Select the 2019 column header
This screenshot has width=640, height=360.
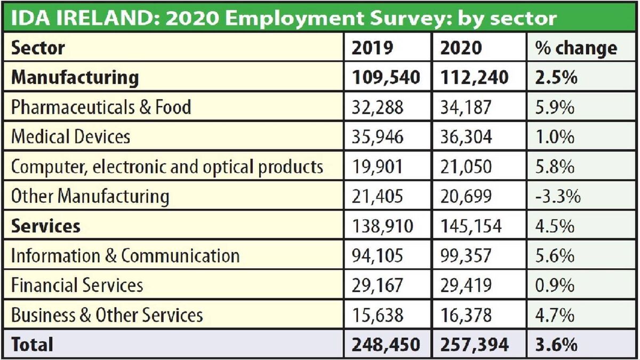click(x=372, y=49)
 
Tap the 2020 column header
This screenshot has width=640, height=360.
click(x=461, y=49)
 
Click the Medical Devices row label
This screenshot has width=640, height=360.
click(x=70, y=137)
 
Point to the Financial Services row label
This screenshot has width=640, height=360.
click(x=77, y=285)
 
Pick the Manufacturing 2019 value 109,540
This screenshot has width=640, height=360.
click(x=386, y=78)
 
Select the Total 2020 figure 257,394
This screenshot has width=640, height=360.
click(x=475, y=344)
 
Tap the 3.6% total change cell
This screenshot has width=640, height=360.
click(x=555, y=344)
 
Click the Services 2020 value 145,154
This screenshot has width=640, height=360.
click(x=471, y=226)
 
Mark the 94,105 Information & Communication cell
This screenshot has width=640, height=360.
click(x=378, y=256)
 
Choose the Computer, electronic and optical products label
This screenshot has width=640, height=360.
click(x=167, y=167)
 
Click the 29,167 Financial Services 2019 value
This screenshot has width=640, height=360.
click(x=378, y=285)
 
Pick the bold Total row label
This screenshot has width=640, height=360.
click(x=32, y=344)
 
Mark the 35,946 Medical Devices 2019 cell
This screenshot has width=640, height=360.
click(x=378, y=137)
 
